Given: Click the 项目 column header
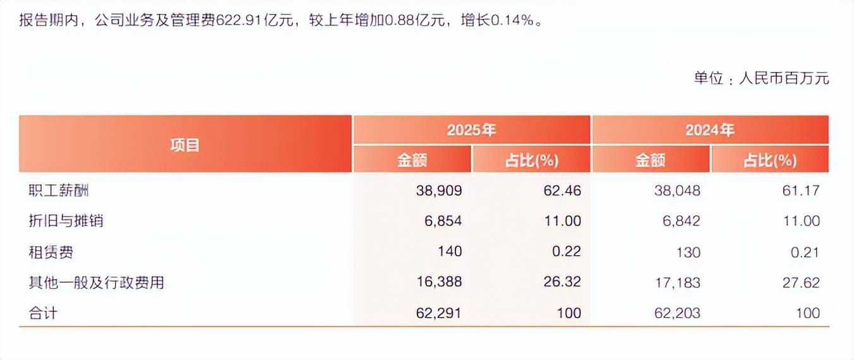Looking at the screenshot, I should [x=185, y=145].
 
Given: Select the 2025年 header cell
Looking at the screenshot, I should [x=471, y=130].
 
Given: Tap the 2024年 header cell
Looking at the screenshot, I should [x=710, y=130].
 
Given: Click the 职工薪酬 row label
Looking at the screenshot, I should [x=56, y=190].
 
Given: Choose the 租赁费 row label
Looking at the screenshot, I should [x=51, y=252].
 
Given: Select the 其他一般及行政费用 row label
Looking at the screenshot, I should [x=97, y=282].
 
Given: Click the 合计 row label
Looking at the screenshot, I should [x=43, y=313].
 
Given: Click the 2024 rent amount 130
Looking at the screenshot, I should [x=688, y=252].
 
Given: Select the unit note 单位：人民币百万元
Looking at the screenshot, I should [x=761, y=78].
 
